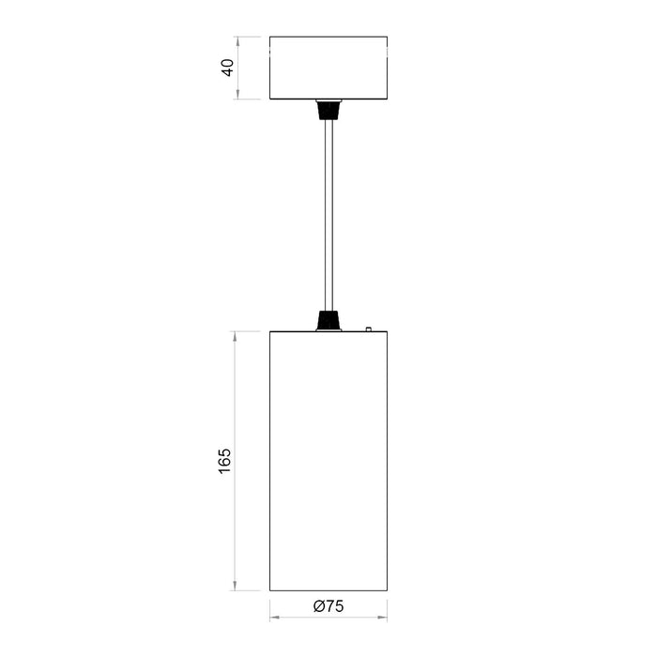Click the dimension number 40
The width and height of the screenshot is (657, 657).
[227, 68]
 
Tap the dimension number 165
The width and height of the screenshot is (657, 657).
[224, 461]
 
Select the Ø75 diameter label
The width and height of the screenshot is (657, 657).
[328, 606]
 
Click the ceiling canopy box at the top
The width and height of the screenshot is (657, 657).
[328, 68]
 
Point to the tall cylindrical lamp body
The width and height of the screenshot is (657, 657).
[328, 461]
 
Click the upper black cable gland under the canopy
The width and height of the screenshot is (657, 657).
[328, 109]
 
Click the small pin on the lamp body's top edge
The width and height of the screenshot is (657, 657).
[369, 328]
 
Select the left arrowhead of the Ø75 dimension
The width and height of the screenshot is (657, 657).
[273, 617]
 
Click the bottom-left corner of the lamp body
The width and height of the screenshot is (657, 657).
[269, 591]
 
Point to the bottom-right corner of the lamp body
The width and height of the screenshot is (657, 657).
[387, 591]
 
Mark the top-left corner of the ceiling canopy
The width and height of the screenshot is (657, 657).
[269, 37]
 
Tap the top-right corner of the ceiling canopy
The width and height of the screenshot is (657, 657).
[387, 37]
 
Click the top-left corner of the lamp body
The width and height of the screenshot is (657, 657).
[269, 331]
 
